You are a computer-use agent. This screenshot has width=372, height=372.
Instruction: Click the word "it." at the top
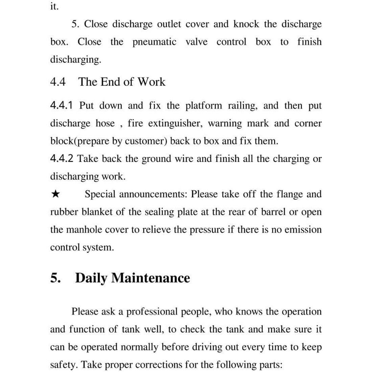click(x=54, y=7)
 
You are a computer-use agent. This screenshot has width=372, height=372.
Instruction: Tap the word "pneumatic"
click(x=154, y=42)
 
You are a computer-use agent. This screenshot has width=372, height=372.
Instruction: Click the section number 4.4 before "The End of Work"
click(x=58, y=82)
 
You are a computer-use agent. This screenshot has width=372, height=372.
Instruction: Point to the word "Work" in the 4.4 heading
click(x=152, y=82)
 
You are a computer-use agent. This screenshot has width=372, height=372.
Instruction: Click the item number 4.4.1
click(x=61, y=106)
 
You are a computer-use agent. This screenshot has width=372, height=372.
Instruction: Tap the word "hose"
click(x=105, y=124)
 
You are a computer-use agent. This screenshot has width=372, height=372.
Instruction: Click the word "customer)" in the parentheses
click(x=146, y=141)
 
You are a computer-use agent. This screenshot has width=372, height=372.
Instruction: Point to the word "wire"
click(x=184, y=159)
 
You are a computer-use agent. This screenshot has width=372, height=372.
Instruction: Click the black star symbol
click(x=55, y=194)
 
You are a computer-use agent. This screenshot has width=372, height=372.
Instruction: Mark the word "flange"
click(x=289, y=194)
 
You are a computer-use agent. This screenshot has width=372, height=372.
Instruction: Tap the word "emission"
click(x=303, y=230)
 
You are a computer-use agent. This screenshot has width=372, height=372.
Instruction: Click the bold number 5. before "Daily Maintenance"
click(x=56, y=278)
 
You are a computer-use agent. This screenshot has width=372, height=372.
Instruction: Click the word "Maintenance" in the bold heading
click(x=150, y=278)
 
